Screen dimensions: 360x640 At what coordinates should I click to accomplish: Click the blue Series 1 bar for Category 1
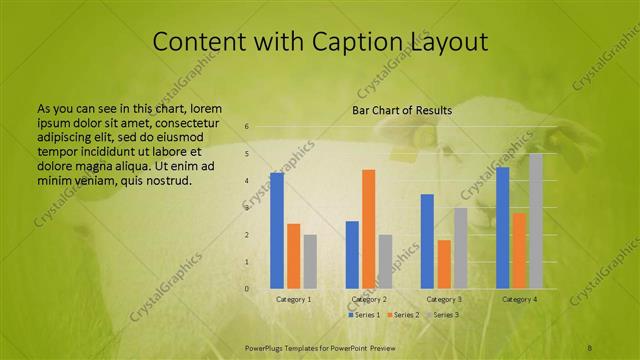(277, 230)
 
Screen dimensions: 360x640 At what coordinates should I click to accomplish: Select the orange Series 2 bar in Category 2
(369, 228)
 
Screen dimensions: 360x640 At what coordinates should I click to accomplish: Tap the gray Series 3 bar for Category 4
(536, 220)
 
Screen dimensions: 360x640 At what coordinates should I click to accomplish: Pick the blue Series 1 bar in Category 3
(427, 241)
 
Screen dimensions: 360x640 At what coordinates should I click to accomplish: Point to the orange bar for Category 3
(444, 264)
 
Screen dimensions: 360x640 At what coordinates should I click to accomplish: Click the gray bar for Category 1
(310, 261)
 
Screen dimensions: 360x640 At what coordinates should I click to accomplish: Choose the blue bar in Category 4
(503, 227)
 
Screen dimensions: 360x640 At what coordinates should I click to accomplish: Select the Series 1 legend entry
(365, 315)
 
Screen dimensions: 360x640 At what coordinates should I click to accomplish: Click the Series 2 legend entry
(403, 315)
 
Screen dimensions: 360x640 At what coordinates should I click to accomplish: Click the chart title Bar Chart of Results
(402, 110)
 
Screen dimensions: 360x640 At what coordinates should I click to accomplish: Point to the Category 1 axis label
(293, 299)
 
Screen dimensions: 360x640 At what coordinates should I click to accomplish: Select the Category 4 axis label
(519, 299)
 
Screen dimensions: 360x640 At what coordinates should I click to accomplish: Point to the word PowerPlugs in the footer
(267, 347)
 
